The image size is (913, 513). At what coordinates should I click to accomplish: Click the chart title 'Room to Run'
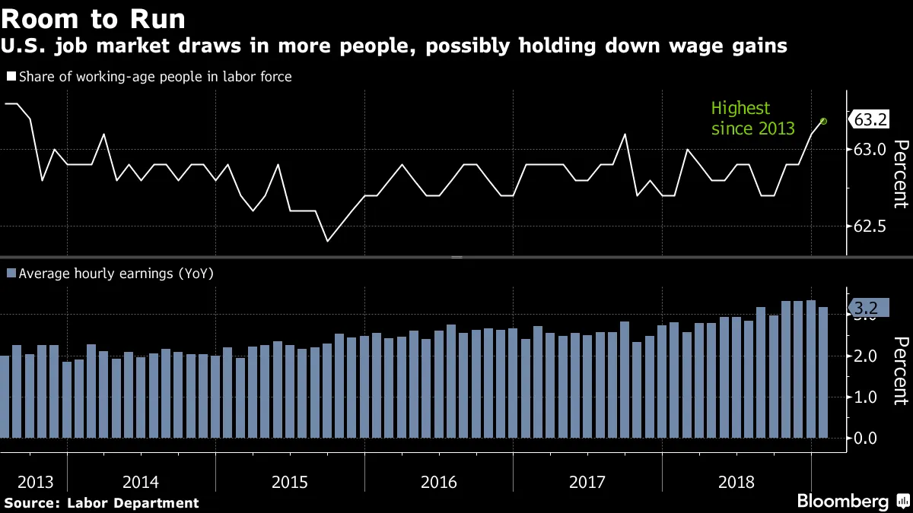click(x=94, y=18)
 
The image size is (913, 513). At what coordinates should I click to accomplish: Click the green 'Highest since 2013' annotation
click(x=752, y=119)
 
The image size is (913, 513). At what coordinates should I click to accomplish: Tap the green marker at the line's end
click(x=823, y=121)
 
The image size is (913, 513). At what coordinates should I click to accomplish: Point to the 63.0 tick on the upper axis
click(x=870, y=150)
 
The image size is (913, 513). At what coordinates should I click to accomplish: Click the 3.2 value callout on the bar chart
click(x=866, y=308)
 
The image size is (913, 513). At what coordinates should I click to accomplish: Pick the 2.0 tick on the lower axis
click(x=866, y=356)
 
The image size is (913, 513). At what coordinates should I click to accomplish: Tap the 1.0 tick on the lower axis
click(x=866, y=397)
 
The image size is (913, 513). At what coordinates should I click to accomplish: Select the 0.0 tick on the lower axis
click(x=866, y=438)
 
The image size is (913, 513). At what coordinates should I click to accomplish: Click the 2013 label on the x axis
click(x=36, y=482)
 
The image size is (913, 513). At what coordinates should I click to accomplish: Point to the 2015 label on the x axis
click(x=290, y=482)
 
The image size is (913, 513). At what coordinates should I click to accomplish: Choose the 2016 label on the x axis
click(x=438, y=482)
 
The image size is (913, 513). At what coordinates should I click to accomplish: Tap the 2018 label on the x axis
click(x=736, y=482)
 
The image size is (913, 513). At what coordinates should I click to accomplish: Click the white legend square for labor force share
click(x=11, y=77)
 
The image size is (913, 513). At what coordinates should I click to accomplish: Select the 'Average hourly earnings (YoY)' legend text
click(x=116, y=274)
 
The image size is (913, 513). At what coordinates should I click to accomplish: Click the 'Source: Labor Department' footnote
click(x=101, y=502)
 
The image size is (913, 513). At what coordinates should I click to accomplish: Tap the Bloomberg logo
click(x=842, y=502)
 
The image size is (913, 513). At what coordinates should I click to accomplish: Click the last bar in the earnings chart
click(x=822, y=372)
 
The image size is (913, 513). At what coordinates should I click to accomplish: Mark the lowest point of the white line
click(x=327, y=241)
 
